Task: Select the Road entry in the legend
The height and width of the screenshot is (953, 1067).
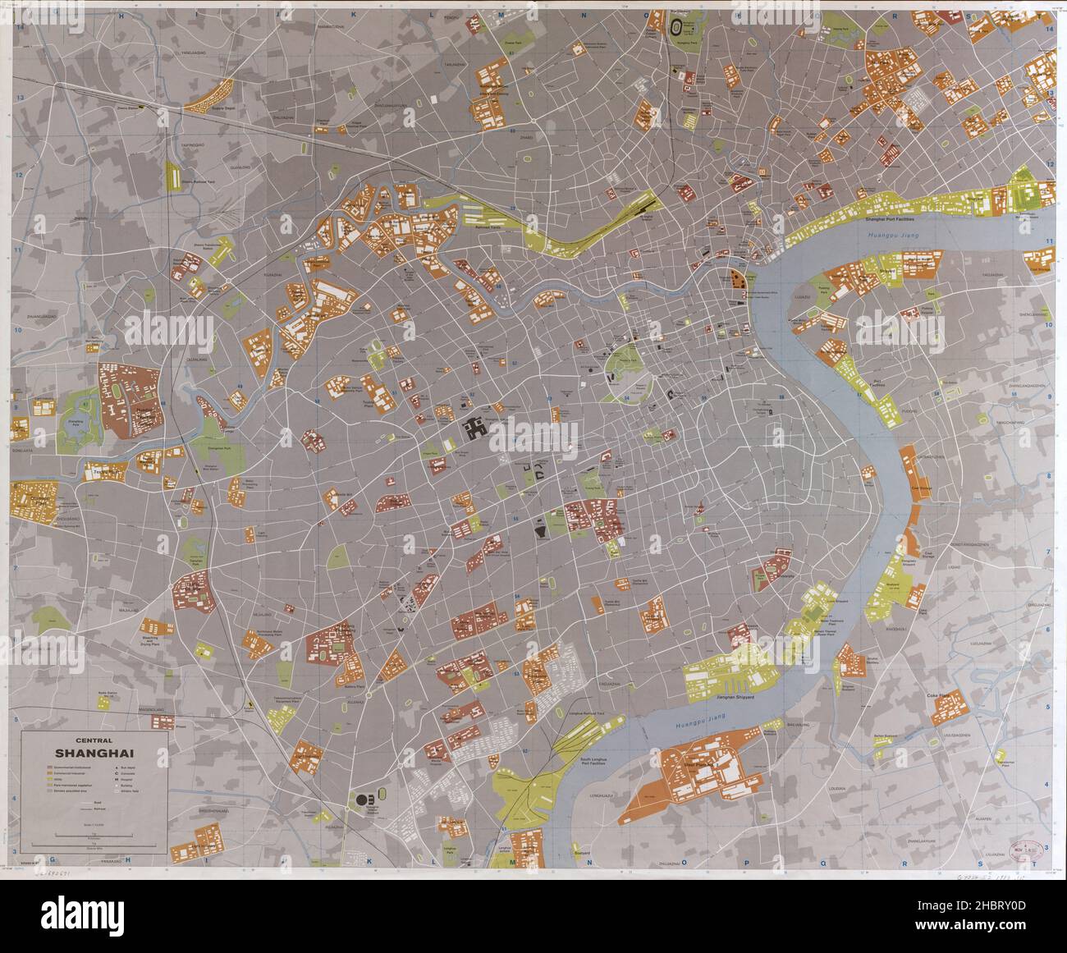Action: click(x=97, y=803)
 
